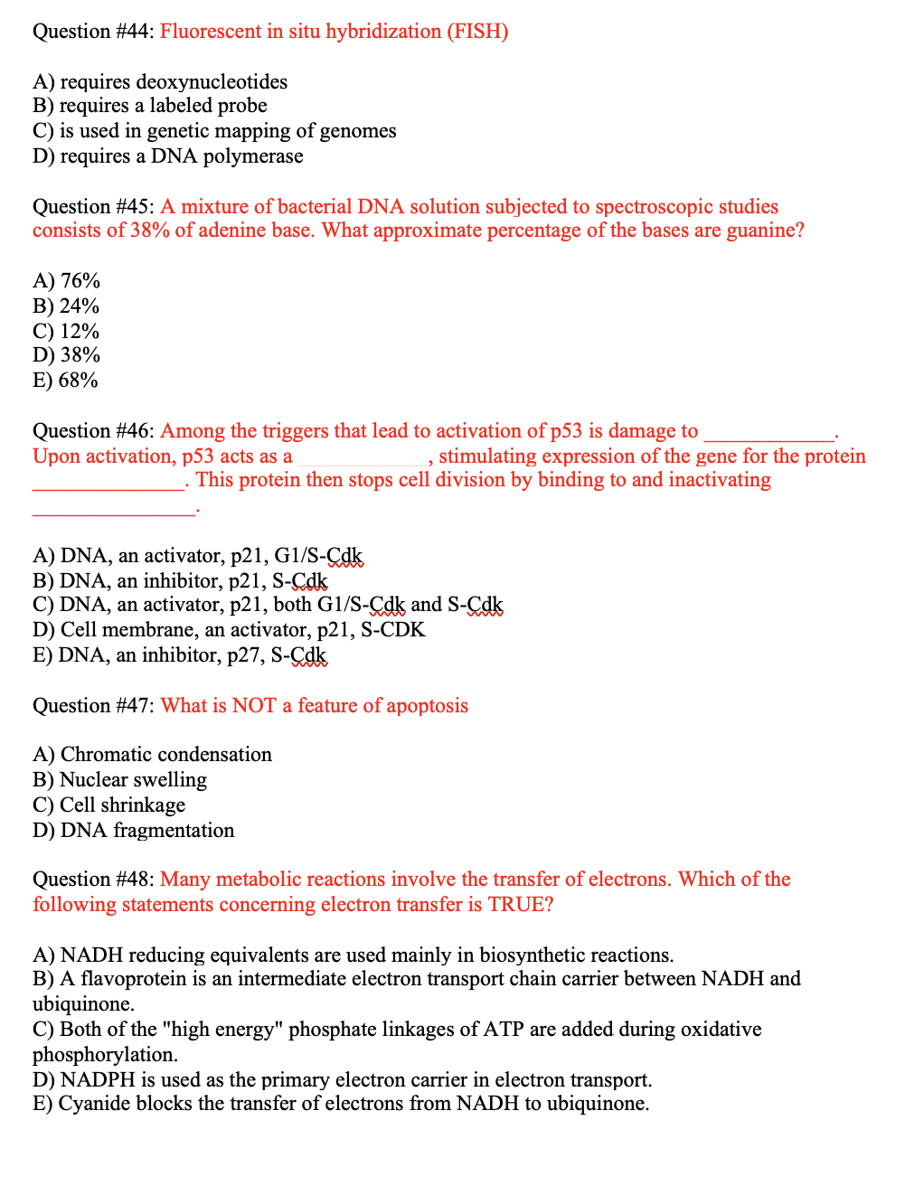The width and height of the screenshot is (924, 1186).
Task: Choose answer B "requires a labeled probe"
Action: pos(150,106)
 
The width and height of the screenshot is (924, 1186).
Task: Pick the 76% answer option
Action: pos(67,281)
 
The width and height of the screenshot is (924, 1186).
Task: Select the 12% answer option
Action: pos(66,332)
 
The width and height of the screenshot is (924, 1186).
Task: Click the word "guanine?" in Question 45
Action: pos(765,231)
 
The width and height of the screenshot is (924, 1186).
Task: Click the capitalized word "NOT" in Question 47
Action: pos(253,706)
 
